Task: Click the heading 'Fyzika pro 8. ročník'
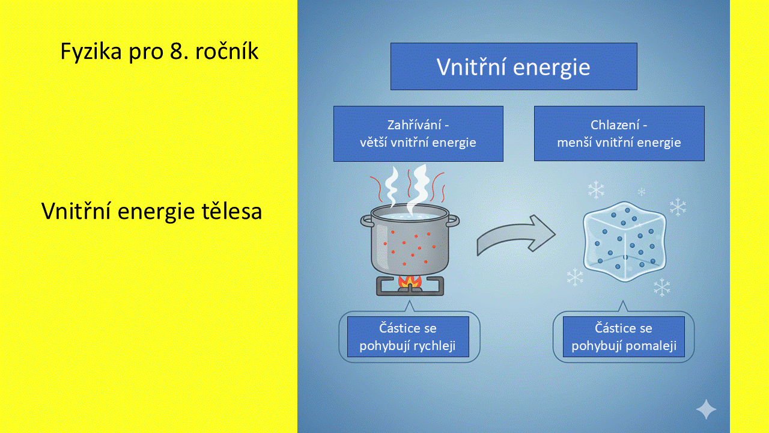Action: point(159,52)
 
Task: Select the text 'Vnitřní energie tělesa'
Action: point(151,211)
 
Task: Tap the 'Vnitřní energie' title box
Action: point(513,67)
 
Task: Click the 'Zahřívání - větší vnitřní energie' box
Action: point(418,134)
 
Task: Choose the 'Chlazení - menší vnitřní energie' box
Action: point(619,134)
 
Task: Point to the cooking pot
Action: point(410,244)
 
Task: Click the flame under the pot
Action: point(410,280)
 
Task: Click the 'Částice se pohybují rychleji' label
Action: point(408,337)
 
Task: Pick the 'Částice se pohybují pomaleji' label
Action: point(624,337)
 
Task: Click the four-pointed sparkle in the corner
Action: point(706,410)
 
